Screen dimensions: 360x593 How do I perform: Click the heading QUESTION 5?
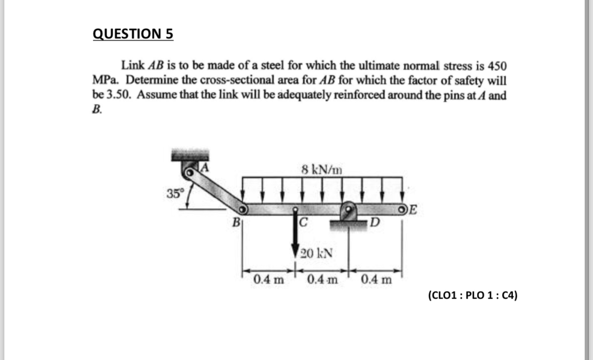coord(133,34)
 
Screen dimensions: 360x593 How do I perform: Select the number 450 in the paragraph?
coord(496,65)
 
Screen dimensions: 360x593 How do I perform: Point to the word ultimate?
coord(377,65)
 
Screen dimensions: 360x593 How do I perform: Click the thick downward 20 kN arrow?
coord(295,235)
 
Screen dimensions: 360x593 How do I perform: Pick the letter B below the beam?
coord(236,225)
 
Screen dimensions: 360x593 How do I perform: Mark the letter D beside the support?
coord(375,225)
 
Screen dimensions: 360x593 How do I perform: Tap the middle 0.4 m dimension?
coord(322,279)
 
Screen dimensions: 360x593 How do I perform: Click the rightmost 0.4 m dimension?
coord(376,279)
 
